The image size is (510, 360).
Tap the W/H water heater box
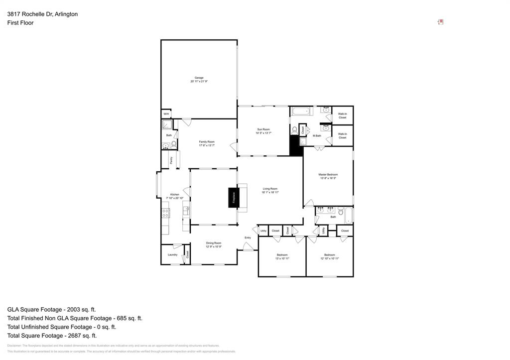166,114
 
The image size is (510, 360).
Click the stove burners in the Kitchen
165,213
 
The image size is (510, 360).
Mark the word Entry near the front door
248,238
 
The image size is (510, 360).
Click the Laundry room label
172,254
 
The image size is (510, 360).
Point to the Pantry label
171,160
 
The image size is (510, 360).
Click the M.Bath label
317,135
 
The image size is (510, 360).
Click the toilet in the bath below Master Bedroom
341,211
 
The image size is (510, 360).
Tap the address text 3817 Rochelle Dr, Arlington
42,14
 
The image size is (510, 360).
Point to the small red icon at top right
440,22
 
